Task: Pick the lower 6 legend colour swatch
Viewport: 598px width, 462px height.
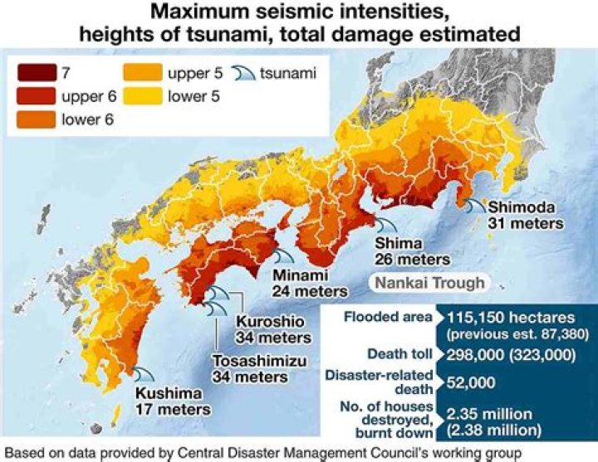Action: click(36, 117)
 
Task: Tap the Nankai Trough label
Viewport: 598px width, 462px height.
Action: click(429, 283)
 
